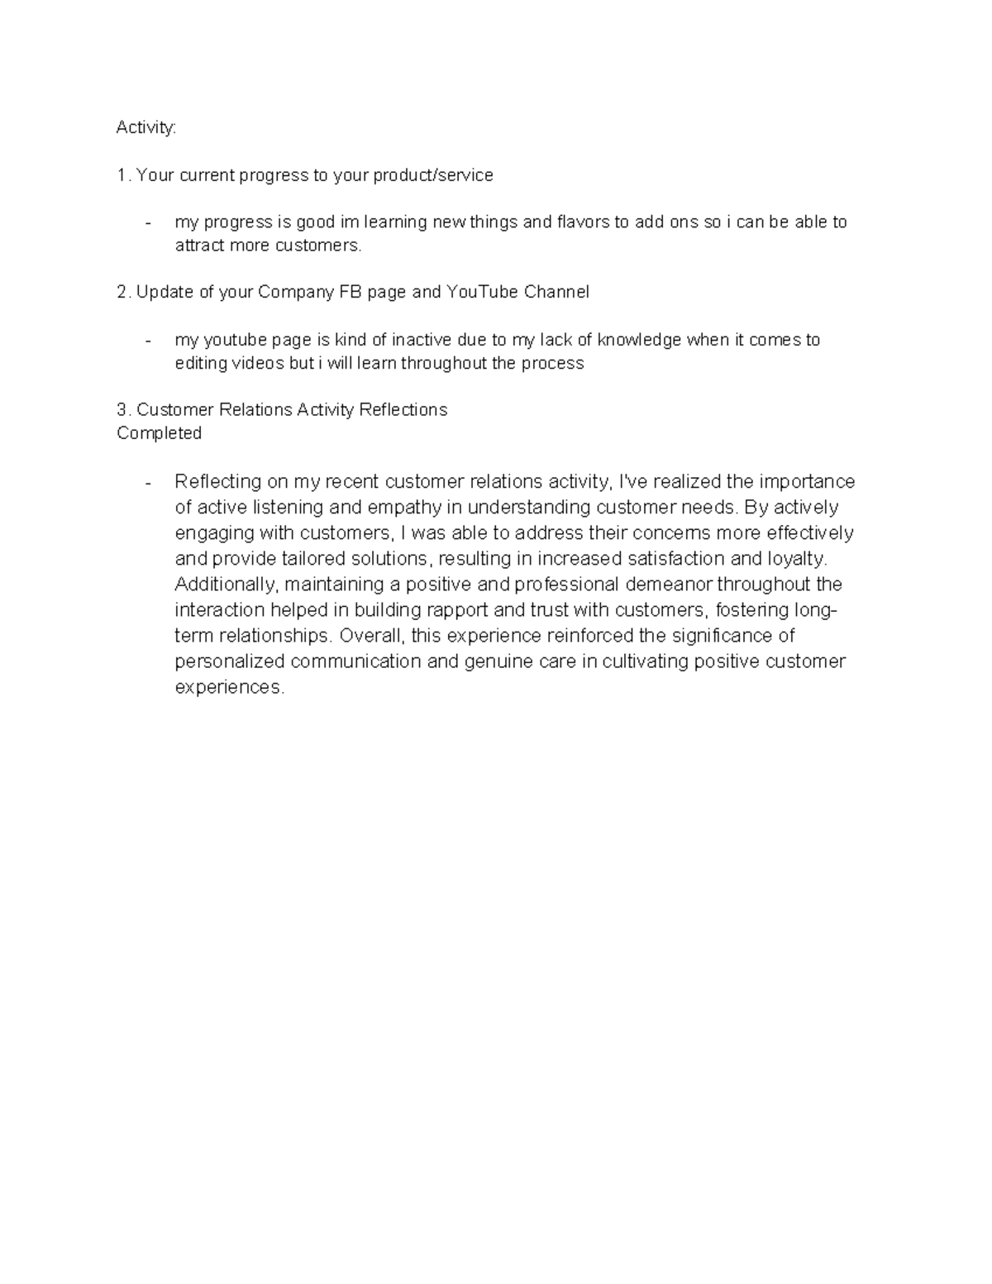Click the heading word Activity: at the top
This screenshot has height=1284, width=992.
(x=146, y=128)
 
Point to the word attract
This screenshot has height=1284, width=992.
(x=199, y=246)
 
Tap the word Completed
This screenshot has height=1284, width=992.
(x=159, y=433)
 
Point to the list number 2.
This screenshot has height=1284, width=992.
(x=122, y=293)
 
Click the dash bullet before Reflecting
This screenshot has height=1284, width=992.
(x=148, y=482)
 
